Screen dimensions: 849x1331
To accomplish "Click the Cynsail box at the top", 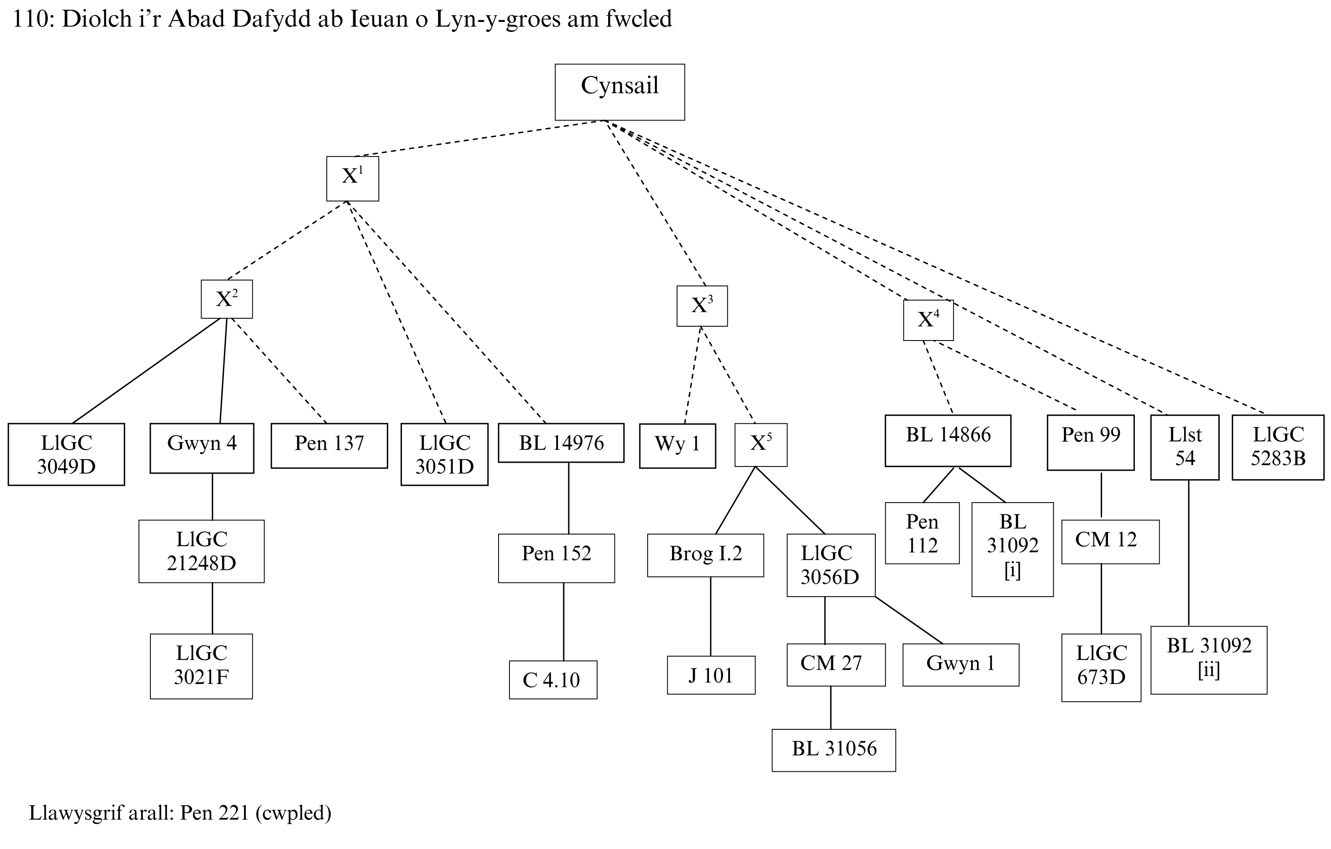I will tap(620, 92).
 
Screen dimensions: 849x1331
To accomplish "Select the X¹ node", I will tap(353, 179).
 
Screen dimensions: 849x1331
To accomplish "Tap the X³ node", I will tap(702, 306).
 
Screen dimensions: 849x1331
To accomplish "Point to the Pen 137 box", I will tap(329, 445).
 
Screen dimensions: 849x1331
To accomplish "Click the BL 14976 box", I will tap(561, 443).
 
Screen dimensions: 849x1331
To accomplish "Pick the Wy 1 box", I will tap(677, 445).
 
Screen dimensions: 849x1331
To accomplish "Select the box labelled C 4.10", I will tap(553, 679).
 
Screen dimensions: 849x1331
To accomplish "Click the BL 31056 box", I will tap(834, 750).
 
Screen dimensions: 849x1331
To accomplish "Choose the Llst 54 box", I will tap(1184, 447).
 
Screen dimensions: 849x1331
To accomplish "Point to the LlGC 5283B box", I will tap(1278, 447).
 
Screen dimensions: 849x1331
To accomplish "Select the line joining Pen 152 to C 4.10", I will tap(564, 622).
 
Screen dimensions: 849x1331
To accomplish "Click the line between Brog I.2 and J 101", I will tap(710, 616).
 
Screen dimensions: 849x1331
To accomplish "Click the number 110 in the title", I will tap(32, 19).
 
